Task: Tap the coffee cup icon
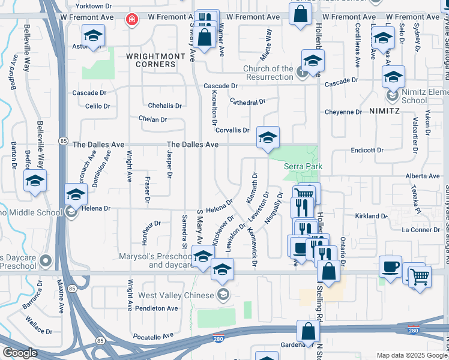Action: [x=390, y=268]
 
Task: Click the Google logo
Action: [x=20, y=353]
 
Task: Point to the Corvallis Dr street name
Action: [x=232, y=130]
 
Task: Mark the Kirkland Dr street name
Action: [x=371, y=215]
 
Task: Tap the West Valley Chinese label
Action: [x=176, y=295]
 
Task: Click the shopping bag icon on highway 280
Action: [x=308, y=332]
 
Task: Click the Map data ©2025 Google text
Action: [x=412, y=355]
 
